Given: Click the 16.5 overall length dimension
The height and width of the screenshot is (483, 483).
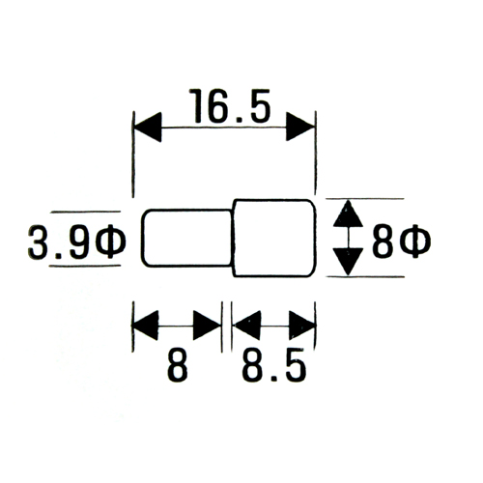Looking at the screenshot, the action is point(230,106).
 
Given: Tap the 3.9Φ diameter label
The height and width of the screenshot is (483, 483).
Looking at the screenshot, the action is point(76,241).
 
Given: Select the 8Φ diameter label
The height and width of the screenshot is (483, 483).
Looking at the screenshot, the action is point(401,241).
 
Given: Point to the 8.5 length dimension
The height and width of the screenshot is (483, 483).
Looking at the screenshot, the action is point(274,365).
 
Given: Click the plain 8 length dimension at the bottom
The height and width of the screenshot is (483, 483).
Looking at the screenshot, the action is point(178,365).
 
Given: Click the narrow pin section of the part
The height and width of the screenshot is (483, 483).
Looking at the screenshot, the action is point(187,239).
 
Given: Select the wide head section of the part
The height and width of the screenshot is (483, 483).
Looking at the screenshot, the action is point(274,239).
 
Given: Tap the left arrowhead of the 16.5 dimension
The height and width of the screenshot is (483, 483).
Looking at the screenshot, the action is point(148,127).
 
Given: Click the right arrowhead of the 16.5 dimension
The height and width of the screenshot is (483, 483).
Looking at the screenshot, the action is point(300,127).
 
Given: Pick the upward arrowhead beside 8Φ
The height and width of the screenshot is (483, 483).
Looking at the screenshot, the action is point(348,213).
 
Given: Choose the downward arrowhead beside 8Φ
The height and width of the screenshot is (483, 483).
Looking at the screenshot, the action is point(348,262).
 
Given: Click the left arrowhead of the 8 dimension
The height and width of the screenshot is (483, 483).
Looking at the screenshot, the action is point(145,326).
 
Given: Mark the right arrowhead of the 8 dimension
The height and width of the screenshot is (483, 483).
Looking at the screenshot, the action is point(207,326).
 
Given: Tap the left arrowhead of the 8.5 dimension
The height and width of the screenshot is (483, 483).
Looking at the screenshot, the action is point(246,326).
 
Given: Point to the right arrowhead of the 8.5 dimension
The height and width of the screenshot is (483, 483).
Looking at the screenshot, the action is point(301,326).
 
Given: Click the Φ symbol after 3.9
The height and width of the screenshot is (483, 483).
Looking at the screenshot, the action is point(111,241).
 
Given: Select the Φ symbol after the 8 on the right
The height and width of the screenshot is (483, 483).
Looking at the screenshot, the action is point(416,241).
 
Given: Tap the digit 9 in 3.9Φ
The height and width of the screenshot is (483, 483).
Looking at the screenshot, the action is point(78,242).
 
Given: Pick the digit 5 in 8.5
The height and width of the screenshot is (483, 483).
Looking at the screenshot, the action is point(295,365).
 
